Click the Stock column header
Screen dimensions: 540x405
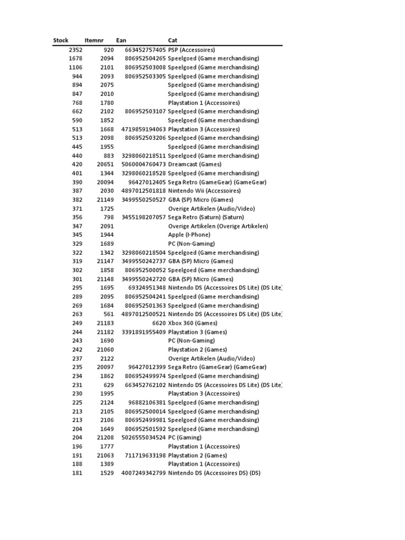point(61,41)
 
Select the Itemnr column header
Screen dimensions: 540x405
point(94,41)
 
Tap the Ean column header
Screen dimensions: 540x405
point(121,41)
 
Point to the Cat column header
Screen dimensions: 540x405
point(172,41)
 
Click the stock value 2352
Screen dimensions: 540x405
point(75,50)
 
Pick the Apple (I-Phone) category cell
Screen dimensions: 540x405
point(189,235)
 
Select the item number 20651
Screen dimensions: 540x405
point(105,165)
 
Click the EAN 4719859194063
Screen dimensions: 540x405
point(143,129)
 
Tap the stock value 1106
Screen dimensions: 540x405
point(75,67)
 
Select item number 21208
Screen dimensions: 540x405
point(105,438)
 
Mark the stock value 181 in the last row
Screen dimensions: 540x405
point(78,473)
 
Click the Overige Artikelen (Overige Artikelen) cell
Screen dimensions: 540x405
point(218,226)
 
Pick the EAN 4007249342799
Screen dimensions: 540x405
point(143,473)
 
